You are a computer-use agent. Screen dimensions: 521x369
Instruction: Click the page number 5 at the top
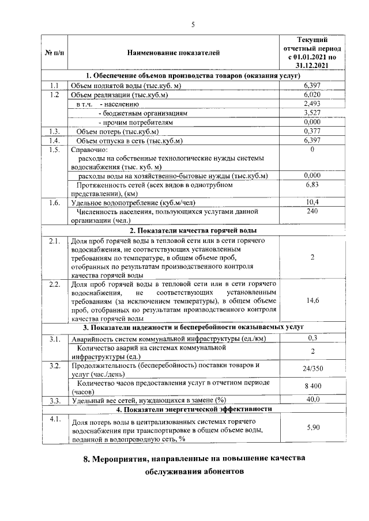(x=193, y=24)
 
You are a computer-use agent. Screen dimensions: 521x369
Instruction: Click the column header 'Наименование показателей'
(x=174, y=54)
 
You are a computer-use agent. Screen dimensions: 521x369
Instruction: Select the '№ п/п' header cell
(x=54, y=54)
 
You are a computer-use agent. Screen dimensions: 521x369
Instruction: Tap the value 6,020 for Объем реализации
(x=311, y=94)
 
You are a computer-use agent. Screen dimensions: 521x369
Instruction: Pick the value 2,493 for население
(x=311, y=104)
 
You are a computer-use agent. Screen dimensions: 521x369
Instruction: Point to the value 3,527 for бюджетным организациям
(x=311, y=113)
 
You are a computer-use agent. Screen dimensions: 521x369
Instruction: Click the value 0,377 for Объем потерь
(x=311, y=131)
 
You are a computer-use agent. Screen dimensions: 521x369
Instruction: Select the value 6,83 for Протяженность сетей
(x=311, y=185)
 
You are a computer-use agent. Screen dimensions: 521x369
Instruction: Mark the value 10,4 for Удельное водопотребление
(x=311, y=202)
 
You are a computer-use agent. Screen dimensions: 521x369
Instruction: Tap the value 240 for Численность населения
(x=311, y=211)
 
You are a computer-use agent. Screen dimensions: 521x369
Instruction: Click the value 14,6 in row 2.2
(x=311, y=300)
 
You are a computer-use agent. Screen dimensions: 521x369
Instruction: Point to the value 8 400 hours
(x=311, y=387)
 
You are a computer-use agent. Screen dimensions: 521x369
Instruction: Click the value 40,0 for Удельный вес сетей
(x=311, y=400)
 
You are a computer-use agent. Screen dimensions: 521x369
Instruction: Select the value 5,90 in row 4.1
(x=311, y=427)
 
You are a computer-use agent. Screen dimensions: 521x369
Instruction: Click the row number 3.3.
(x=54, y=400)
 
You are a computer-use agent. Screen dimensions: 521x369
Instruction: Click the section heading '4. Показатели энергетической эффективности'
(x=193, y=409)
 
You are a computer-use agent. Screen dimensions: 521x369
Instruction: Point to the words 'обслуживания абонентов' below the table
(x=193, y=471)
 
